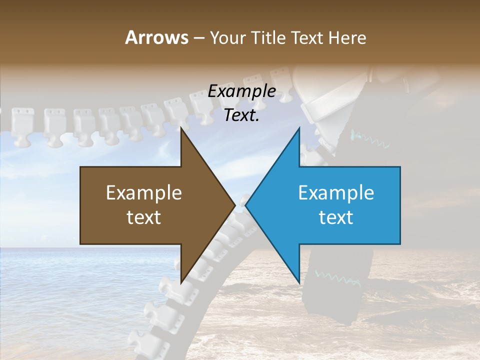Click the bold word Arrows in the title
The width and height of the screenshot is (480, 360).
click(x=156, y=37)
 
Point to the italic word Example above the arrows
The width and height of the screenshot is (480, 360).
click(x=241, y=91)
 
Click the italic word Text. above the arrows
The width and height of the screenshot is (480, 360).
click(x=241, y=115)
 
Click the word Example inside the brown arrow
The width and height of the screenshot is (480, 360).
click(x=144, y=193)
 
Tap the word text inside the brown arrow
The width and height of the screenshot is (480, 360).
click(x=144, y=217)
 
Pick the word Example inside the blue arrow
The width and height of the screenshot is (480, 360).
click(x=336, y=193)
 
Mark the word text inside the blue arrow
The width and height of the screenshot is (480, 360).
click(x=336, y=217)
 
